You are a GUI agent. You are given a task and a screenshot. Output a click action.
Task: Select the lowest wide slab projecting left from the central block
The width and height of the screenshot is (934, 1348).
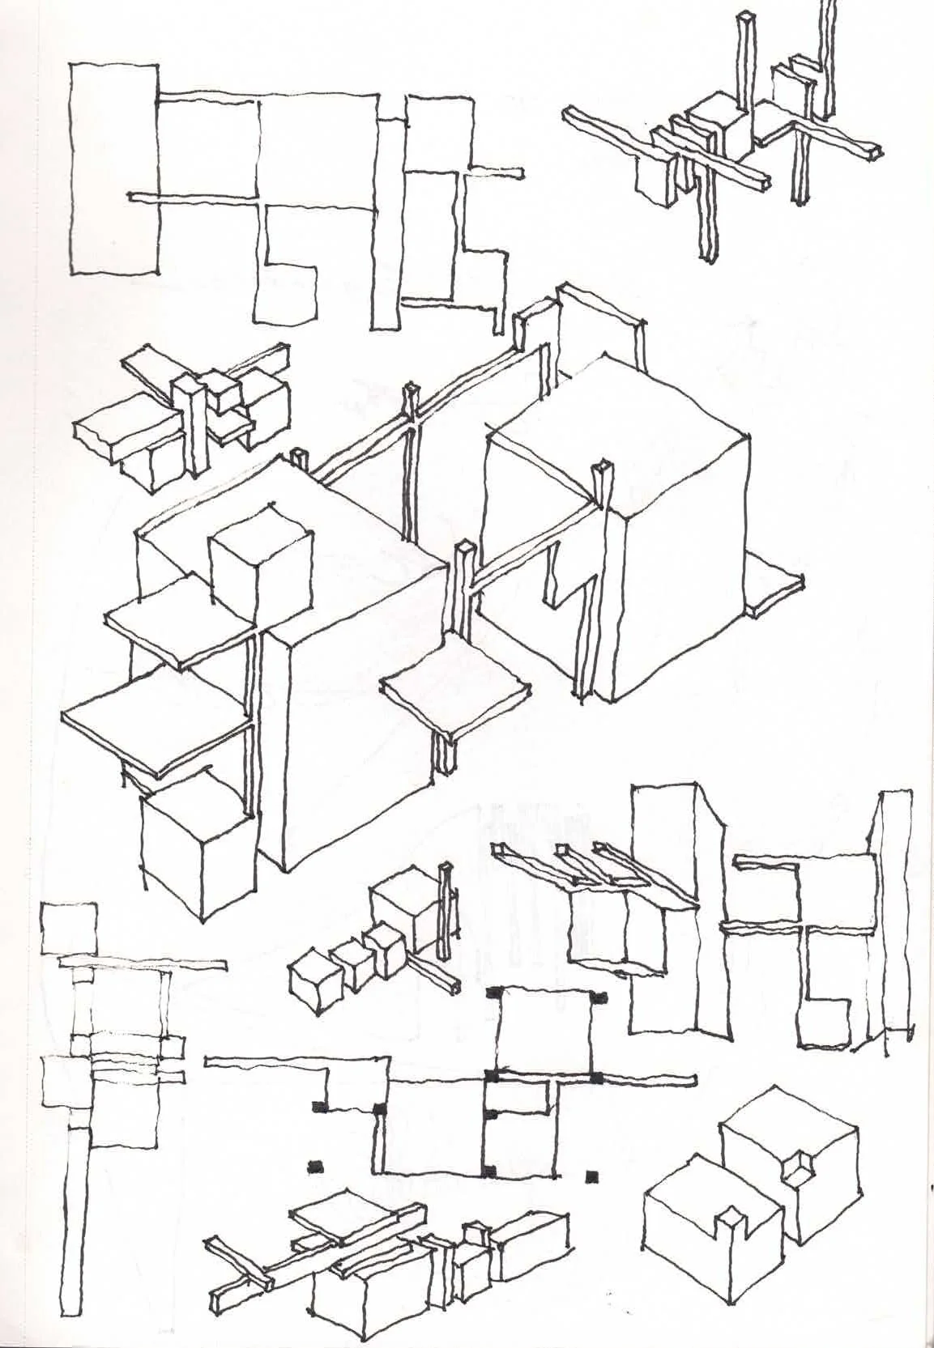point(154,712)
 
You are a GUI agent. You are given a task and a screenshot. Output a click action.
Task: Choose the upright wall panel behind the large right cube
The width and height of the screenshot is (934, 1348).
point(599,340)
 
